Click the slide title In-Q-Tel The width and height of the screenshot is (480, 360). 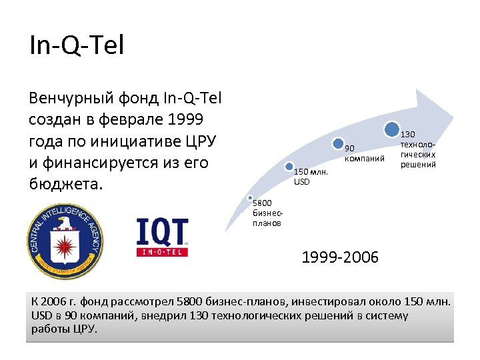coord(77,46)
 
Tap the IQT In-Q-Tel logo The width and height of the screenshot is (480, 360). coord(162,237)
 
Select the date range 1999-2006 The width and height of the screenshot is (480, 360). coord(340,257)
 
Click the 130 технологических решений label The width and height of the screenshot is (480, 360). coord(417,149)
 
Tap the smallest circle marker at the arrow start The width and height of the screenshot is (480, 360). coord(249,198)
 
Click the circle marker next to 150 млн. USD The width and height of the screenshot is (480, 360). coord(289,167)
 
